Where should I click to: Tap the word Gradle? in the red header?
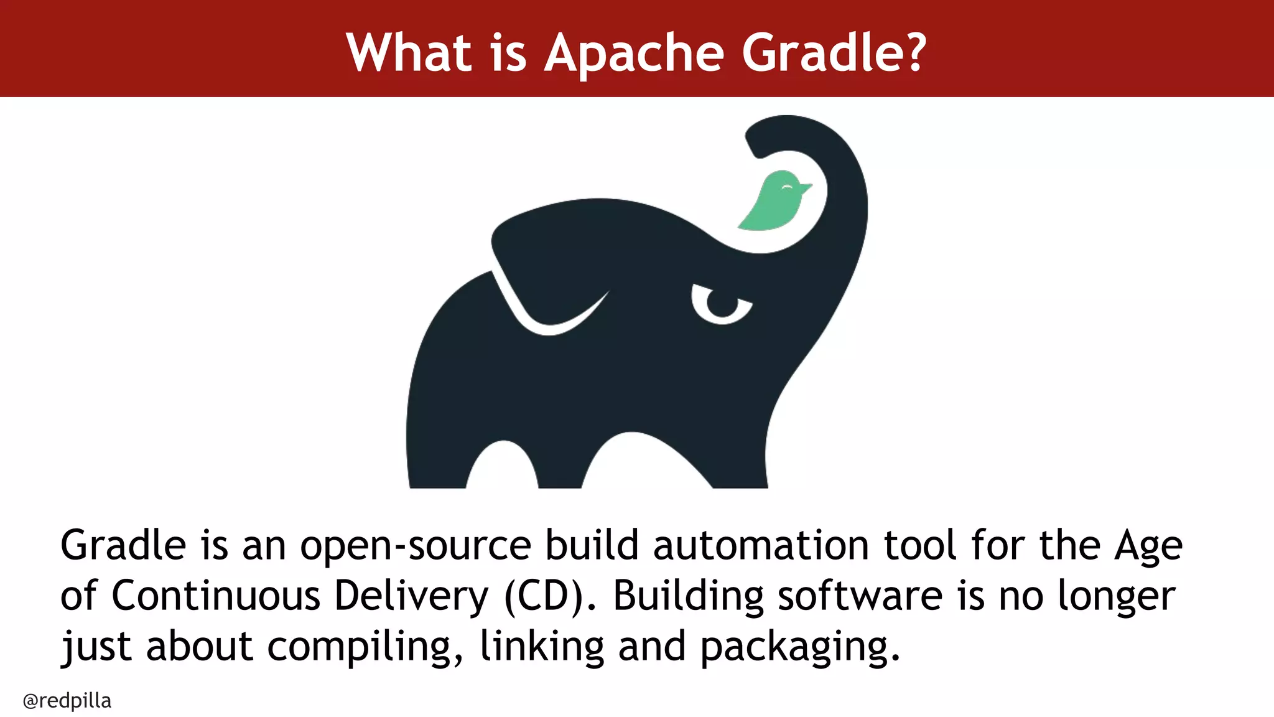pos(834,52)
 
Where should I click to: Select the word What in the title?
pos(409,52)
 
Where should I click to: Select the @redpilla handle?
pos(67,701)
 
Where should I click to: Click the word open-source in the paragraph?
pos(416,546)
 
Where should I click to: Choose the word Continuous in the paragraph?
pos(215,596)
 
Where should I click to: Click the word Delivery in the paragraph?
pos(411,596)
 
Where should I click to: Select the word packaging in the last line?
pos(800,647)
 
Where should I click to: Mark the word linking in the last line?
pos(542,647)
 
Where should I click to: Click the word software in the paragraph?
pos(860,596)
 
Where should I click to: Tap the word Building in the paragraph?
pos(688,596)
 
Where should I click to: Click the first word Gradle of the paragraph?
pos(123,546)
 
